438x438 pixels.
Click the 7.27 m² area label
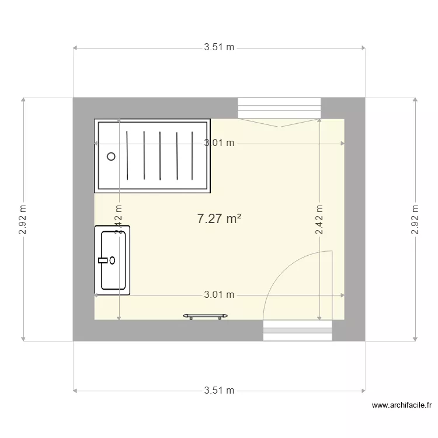tap(220, 219)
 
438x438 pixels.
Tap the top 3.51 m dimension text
tap(219, 48)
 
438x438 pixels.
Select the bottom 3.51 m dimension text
tap(219, 390)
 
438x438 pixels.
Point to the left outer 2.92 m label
tap(23, 220)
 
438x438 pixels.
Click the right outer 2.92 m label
tap(415, 220)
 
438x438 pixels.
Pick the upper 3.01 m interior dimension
tap(219, 143)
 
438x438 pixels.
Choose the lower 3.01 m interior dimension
tap(219, 295)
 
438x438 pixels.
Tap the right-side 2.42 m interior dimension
tap(319, 220)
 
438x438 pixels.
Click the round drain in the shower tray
tap(112, 157)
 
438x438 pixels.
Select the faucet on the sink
tap(106, 260)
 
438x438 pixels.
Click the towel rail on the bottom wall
tap(205, 316)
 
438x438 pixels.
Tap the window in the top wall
tap(279, 107)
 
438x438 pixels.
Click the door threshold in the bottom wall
tap(297, 331)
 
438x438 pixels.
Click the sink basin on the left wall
tap(113, 260)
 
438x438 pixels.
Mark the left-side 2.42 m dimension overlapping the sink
tap(119, 220)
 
